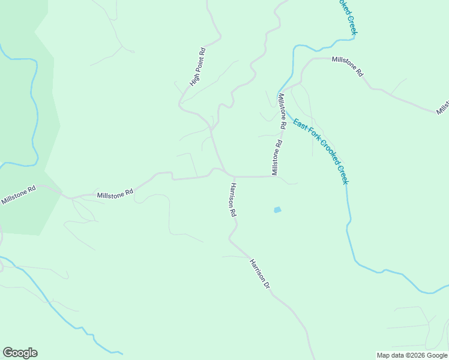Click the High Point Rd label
click(x=198, y=67)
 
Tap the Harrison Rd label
click(x=231, y=200)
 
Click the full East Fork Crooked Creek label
click(x=320, y=151)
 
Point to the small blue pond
click(x=277, y=210)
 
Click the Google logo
click(x=20, y=353)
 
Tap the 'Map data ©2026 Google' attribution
click(x=411, y=355)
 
